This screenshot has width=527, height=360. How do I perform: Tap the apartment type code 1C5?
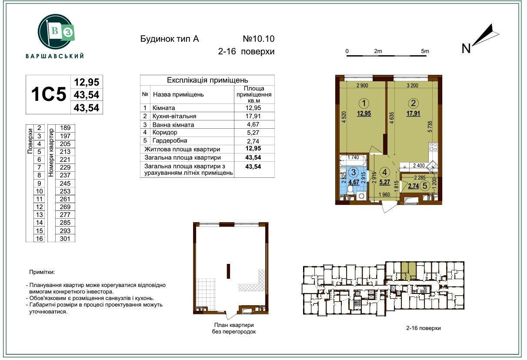click(49, 94)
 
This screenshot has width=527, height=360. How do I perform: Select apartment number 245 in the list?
click(65, 183)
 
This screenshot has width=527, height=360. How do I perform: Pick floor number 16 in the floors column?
click(39, 239)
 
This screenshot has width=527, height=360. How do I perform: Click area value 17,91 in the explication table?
click(253, 116)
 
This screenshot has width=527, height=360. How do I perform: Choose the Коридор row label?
click(165, 132)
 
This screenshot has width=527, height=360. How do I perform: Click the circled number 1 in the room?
click(364, 103)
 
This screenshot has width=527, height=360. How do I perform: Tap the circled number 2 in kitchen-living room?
click(413, 103)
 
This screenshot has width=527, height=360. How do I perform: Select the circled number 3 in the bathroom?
click(354, 172)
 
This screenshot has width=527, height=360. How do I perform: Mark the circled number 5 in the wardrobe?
click(425, 186)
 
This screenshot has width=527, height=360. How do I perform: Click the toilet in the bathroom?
click(350, 190)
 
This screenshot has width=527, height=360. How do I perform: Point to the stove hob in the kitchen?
click(433, 147)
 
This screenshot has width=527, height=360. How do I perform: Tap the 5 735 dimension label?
click(430, 127)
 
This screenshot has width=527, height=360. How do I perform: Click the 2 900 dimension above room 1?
click(362, 86)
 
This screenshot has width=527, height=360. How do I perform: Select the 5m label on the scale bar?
click(425, 51)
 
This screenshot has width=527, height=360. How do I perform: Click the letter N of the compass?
click(466, 48)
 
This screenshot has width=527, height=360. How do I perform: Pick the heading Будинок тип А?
click(170, 39)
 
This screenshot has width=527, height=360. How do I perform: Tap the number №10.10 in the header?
click(259, 39)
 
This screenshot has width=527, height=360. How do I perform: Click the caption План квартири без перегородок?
click(234, 328)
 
